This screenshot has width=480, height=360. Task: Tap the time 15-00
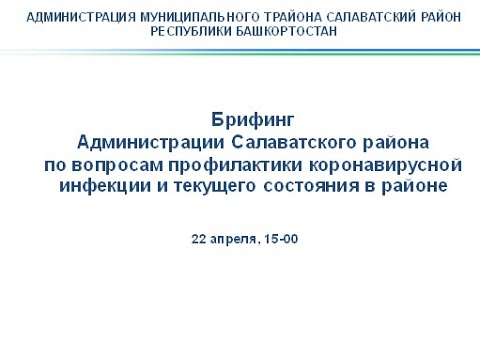click(284, 239)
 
